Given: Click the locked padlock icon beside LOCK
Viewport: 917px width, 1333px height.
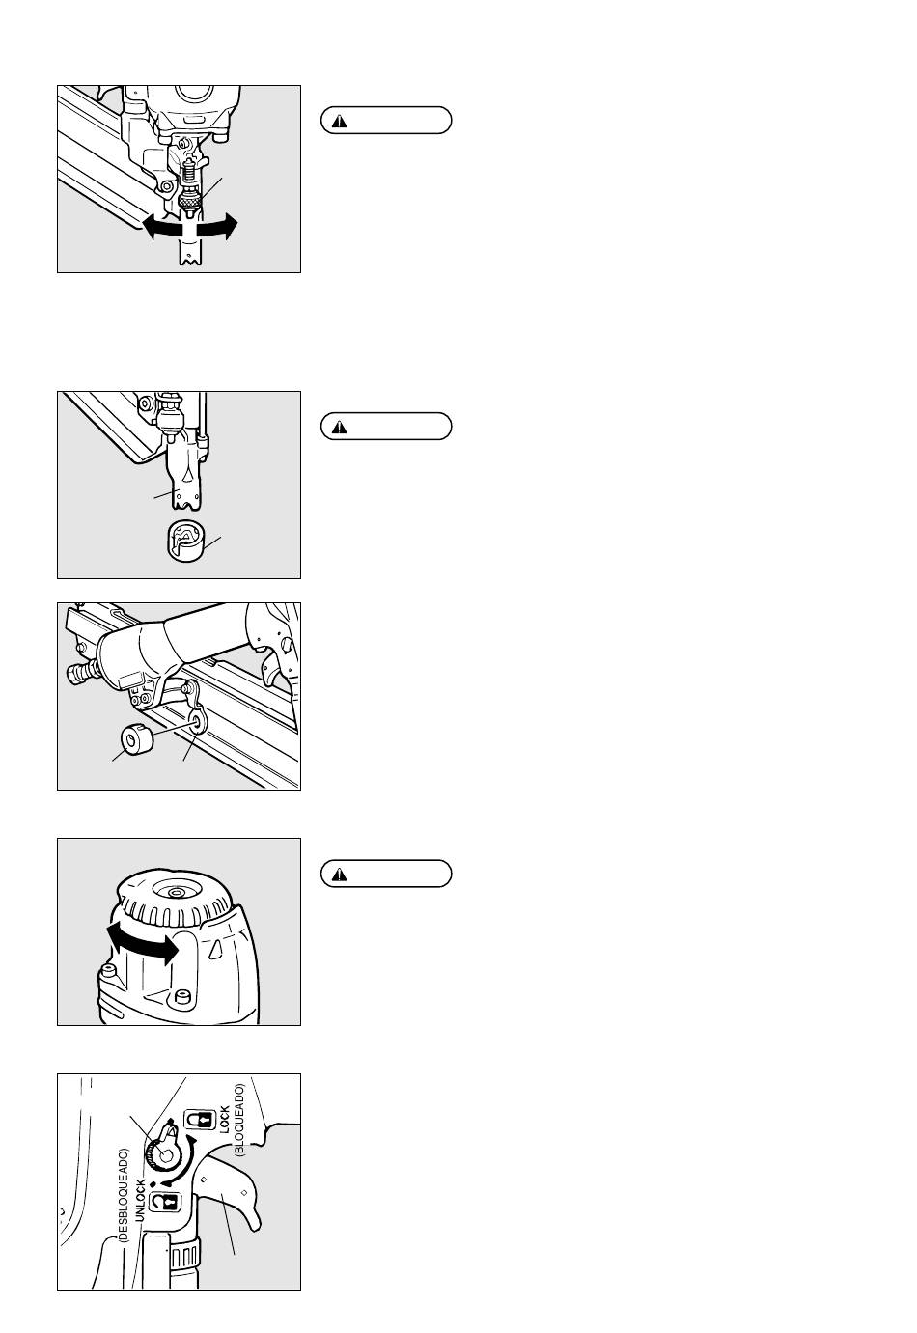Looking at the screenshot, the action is point(196,1120).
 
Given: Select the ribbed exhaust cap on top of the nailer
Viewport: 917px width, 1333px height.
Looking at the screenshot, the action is point(175,899).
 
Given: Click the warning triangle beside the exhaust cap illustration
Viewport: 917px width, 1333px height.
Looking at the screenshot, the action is point(339,875).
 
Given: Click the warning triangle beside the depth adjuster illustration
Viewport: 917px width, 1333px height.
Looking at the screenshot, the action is point(339,122).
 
